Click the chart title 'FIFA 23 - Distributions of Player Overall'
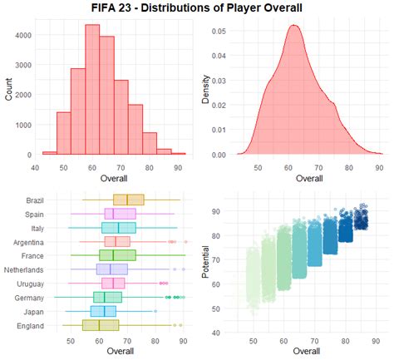(x=197, y=8)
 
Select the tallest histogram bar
(x=92, y=91)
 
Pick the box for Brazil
(x=129, y=200)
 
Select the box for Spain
(x=121, y=214)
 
